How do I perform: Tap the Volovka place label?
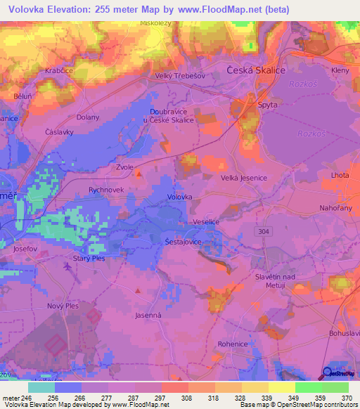point(179,197)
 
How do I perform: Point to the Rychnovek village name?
point(106,190)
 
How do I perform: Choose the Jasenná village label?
point(148,316)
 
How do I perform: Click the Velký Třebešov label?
point(179,77)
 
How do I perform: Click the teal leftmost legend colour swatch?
point(41,387)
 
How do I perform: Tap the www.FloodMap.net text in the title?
point(222,11)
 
